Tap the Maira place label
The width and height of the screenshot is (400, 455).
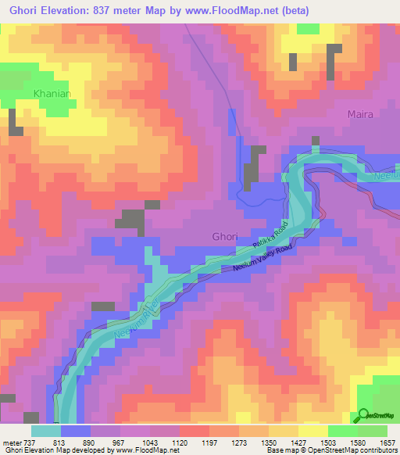[359, 114]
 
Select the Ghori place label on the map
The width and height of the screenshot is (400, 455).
[225, 236]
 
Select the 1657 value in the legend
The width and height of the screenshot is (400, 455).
[387, 442]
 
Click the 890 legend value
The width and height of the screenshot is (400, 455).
[91, 442]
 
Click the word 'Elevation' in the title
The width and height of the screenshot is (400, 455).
[71, 10]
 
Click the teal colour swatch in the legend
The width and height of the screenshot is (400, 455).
[46, 431]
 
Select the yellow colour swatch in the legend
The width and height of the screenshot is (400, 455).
[313, 431]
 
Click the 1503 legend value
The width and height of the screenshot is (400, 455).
[328, 442]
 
